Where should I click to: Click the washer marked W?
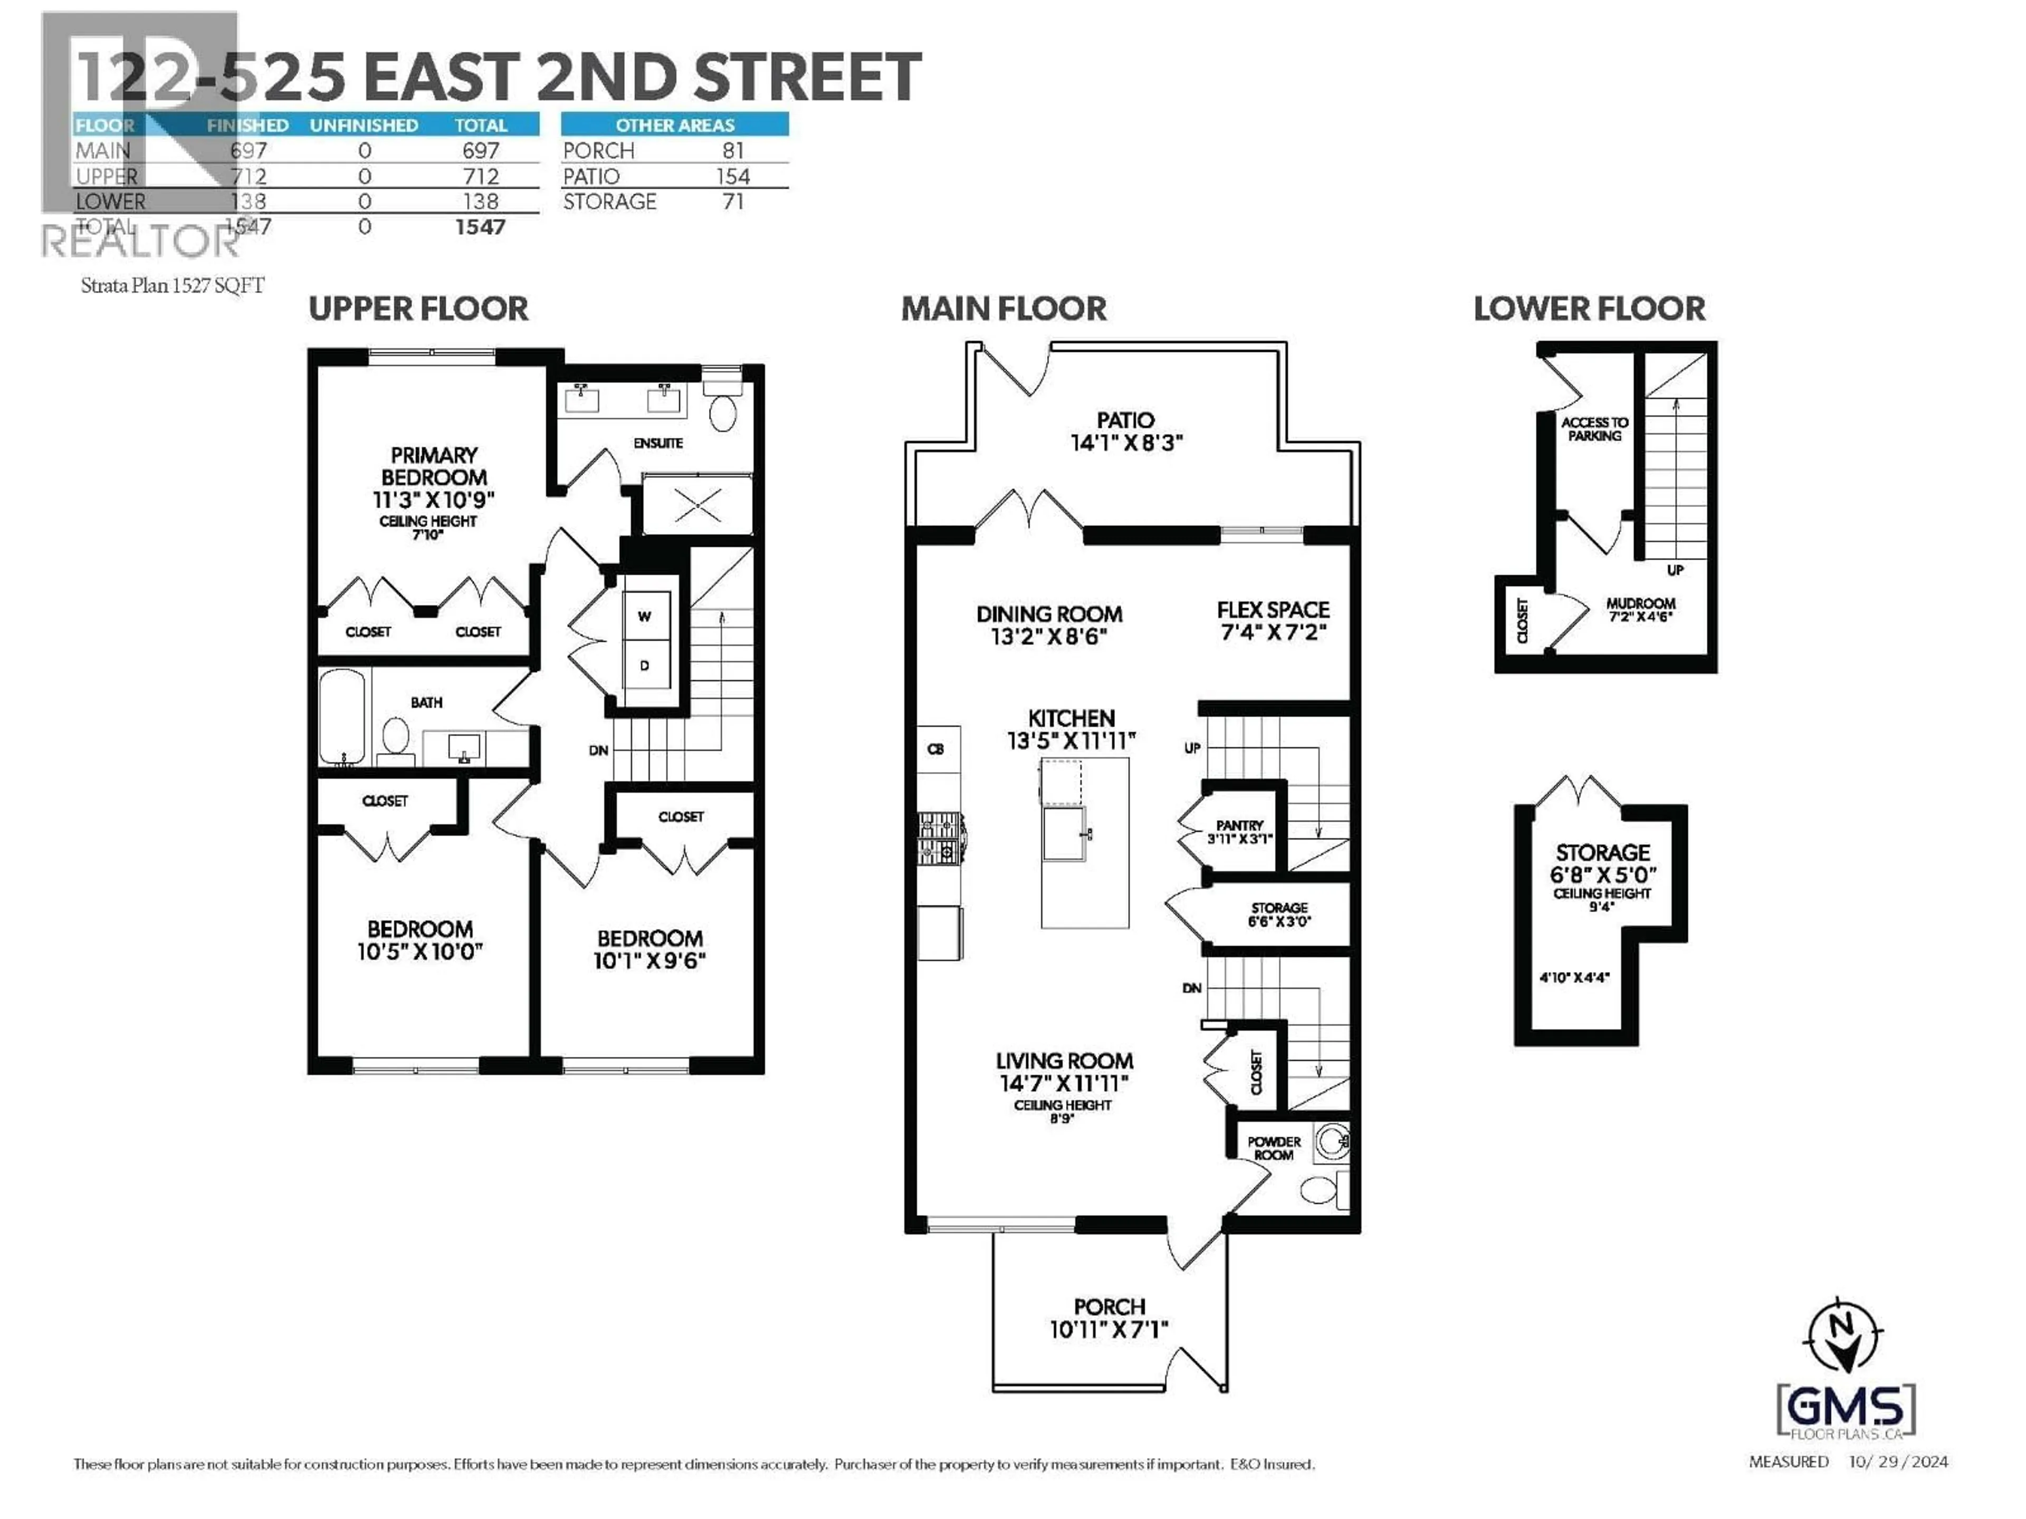645,616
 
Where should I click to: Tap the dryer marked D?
645,666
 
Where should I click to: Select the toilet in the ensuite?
723,408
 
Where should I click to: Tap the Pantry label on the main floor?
1239,825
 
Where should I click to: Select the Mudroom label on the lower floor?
1639,603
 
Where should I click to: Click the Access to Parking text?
1594,428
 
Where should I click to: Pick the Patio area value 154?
733,176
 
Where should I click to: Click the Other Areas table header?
674,124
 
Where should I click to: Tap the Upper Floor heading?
418,309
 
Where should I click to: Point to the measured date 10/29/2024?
1898,1462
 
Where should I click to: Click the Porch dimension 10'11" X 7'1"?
1109,1330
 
